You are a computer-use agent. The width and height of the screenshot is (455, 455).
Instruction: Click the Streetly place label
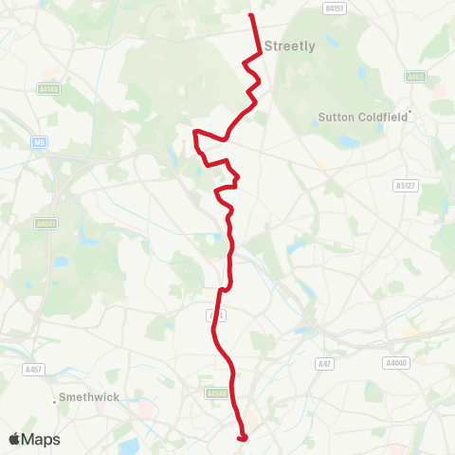click(290, 45)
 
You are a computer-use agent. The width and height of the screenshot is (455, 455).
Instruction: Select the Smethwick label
click(89, 397)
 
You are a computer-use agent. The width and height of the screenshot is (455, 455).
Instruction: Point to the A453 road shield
click(415, 76)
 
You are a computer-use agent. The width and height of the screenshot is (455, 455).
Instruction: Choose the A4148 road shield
click(50, 89)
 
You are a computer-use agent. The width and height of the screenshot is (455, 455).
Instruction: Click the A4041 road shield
click(45, 225)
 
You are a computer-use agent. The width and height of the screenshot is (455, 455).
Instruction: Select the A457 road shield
click(34, 369)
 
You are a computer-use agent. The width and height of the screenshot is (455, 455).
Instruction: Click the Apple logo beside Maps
click(15, 439)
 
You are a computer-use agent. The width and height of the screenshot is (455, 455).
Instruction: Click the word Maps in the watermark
click(41, 439)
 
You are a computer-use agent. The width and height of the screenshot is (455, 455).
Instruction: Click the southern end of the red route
click(243, 437)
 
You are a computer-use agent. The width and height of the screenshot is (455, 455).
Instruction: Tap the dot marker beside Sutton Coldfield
click(409, 116)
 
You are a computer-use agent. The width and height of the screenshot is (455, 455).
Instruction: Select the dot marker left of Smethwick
click(53, 397)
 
